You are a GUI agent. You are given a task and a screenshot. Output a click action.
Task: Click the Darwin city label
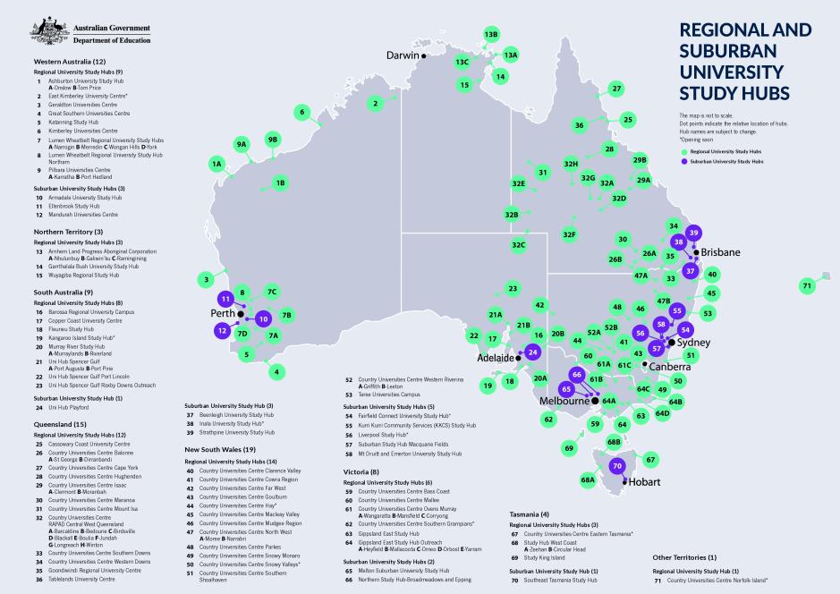pyautogui.click(x=402, y=55)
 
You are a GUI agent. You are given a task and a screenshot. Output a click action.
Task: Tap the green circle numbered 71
pyautogui.click(x=807, y=285)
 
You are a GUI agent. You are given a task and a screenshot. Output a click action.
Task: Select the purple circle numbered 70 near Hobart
pyautogui.click(x=616, y=466)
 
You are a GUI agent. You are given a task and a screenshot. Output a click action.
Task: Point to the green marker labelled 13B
pyautogui.click(x=491, y=34)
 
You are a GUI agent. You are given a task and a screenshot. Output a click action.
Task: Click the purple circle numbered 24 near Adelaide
pyautogui.click(x=533, y=352)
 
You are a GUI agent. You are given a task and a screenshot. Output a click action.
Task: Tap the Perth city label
pyautogui.click(x=221, y=314)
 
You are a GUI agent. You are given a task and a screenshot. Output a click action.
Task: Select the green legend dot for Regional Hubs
pyautogui.click(x=683, y=153)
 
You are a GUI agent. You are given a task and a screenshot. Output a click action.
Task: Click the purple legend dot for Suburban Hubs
pyautogui.click(x=683, y=162)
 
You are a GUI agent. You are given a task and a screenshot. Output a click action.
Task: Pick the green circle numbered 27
pyautogui.click(x=616, y=89)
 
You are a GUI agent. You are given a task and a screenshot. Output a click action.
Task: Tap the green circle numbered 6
pyautogui.click(x=302, y=112)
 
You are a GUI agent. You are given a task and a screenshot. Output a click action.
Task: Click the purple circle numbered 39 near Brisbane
pyautogui.click(x=693, y=233)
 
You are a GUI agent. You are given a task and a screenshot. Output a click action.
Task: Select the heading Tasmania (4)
pyautogui.click(x=531, y=514)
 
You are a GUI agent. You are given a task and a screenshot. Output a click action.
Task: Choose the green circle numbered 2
pyautogui.click(x=374, y=103)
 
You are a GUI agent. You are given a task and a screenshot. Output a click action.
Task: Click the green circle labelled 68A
pyautogui.click(x=588, y=479)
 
